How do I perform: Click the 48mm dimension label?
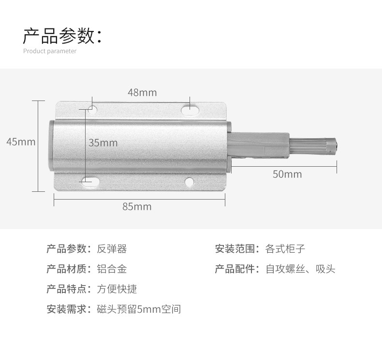pos(142,92)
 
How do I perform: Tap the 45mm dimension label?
pos(21,142)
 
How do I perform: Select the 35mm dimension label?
pos(103,143)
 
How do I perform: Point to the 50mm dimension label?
pos(287,174)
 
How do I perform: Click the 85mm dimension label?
pos(137,207)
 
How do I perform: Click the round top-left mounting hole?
pos(92,109)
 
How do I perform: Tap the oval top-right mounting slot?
pos(190,110)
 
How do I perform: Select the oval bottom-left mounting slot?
pos(90,181)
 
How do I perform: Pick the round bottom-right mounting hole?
pos(189,182)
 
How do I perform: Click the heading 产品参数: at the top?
pos(62,36)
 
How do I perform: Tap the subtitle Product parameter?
pos(50,51)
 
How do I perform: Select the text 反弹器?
pos(112,249)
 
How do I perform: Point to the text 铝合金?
pos(112,269)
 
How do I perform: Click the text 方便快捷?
pos(117,289)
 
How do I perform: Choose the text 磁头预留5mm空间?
pos(139,309)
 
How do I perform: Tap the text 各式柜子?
pos(285,249)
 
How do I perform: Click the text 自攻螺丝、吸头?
pos(300,269)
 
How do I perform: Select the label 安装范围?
pos(237,249)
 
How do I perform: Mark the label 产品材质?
pos(69,269)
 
